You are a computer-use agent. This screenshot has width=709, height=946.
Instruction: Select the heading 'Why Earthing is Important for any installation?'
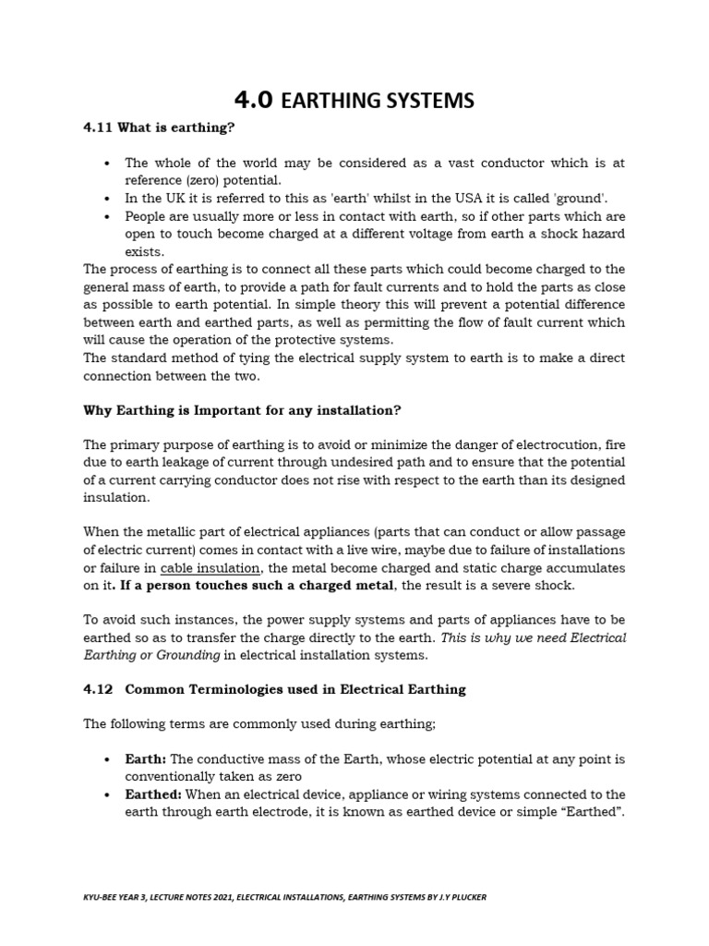[242, 409]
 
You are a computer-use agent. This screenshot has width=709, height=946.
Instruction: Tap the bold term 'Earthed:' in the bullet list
[153, 794]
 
